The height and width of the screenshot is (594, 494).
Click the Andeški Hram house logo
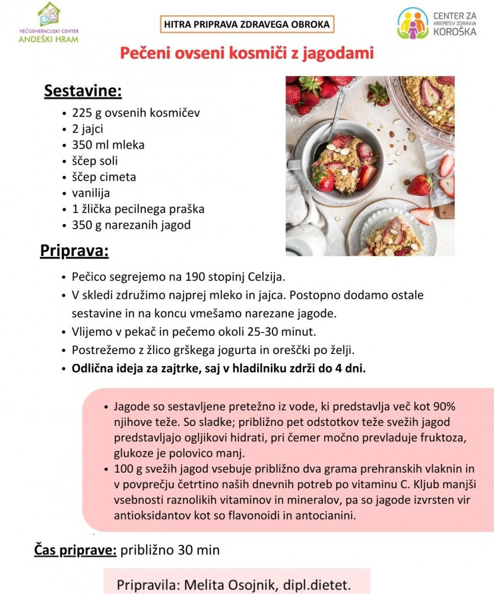pos(49,13)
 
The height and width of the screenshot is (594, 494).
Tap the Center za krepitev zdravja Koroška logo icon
pos(413,23)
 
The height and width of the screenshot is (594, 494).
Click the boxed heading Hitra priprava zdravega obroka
pos(246,24)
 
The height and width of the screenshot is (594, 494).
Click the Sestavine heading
pos(83,91)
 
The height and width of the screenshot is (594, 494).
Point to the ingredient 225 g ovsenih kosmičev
pos(136,112)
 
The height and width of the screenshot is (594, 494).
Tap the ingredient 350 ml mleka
pos(108,144)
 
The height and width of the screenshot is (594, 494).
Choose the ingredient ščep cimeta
pos(104,177)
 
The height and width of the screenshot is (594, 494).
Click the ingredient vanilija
pos(91,193)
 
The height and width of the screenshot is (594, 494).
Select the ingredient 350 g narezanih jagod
pos(132,225)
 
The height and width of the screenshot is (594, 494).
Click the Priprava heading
pos(74,251)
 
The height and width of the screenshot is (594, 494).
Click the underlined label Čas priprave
pos(75,550)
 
